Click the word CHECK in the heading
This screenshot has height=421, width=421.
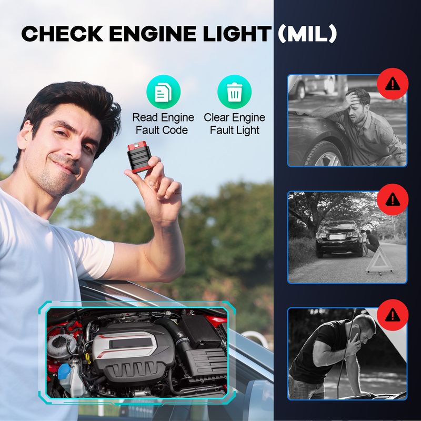[62, 34]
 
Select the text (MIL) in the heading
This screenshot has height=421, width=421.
[307, 34]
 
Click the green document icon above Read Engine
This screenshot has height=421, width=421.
[163, 92]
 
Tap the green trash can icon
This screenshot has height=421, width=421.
[234, 92]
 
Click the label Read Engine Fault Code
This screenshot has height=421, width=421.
[163, 124]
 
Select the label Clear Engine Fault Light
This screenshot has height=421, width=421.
[234, 124]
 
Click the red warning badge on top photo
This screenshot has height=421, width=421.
[393, 84]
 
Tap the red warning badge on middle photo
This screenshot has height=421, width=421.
[393, 199]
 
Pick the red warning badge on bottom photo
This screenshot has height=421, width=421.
[393, 315]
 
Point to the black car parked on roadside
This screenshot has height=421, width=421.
[339, 238]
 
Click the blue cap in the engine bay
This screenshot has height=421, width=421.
[64, 372]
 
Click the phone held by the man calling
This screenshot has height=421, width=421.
[356, 336]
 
